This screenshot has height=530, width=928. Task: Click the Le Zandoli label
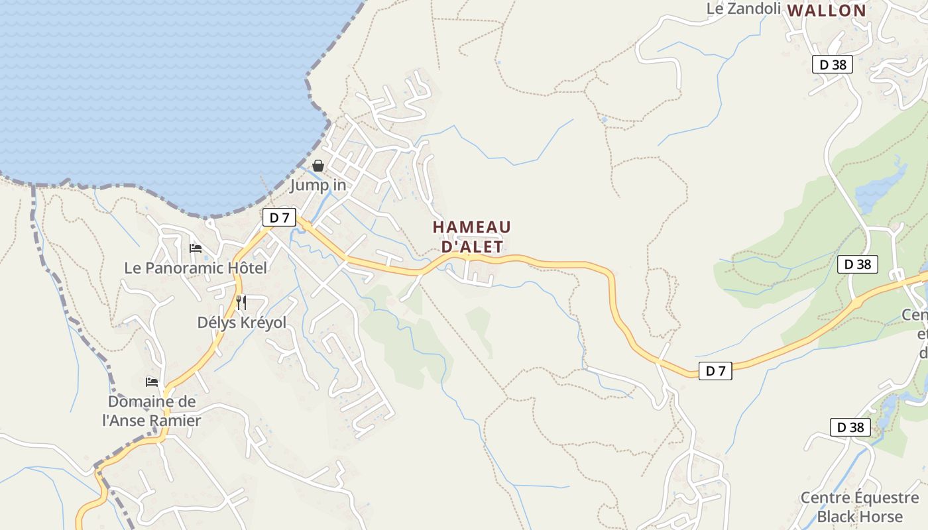(744, 9)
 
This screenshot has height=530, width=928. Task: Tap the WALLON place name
(827, 10)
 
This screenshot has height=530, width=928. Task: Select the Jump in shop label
(318, 185)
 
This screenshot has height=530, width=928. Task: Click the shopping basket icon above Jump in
(318, 166)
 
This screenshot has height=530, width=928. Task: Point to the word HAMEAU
(472, 227)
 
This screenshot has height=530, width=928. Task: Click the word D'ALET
(472, 246)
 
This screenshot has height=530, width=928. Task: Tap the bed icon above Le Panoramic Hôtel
(196, 248)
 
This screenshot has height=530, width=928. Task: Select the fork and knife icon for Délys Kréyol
(241, 303)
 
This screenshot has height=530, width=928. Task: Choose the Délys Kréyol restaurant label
(242, 323)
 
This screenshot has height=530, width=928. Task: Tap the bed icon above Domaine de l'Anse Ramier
(152, 382)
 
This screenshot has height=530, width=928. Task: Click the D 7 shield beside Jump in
(279, 217)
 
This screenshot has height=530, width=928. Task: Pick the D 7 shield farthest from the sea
(715, 371)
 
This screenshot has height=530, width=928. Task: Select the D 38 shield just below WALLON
(832, 64)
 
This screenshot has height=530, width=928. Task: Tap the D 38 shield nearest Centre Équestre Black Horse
(850, 427)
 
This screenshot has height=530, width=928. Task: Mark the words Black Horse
(860, 516)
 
